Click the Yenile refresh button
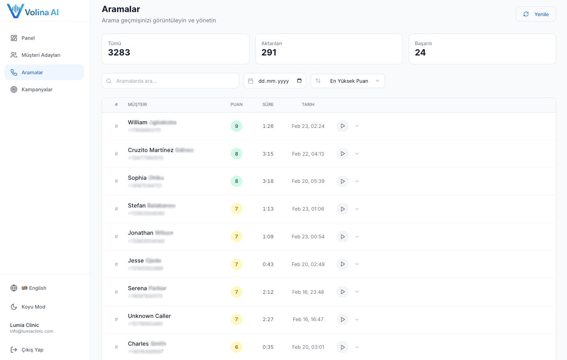tap(536, 14)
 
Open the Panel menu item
tap(28, 38)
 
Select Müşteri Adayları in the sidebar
tap(41, 55)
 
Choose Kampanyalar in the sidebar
tap(37, 89)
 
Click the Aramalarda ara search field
tap(174, 81)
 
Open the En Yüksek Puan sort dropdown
tap(348, 81)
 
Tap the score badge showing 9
tap(237, 126)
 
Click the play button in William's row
tap(343, 126)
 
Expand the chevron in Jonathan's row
tap(357, 237)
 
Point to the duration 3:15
tap(268, 154)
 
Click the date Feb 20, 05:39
tap(308, 181)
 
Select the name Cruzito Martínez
tap(151, 150)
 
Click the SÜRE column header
tap(268, 105)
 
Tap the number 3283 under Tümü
tap(119, 52)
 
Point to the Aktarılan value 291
tap(269, 52)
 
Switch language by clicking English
tap(38, 288)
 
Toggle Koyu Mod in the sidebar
tap(34, 307)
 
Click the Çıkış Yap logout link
tap(33, 350)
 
